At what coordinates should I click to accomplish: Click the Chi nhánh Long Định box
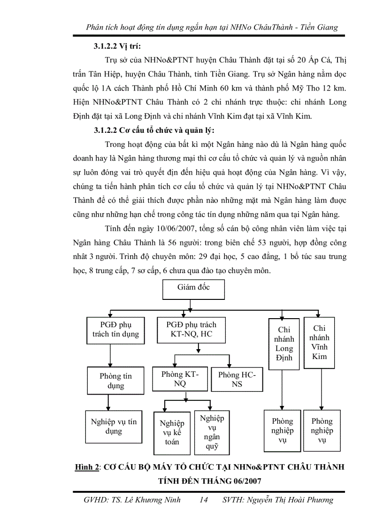[x=284, y=343]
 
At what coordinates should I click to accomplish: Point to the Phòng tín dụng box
[x=115, y=381]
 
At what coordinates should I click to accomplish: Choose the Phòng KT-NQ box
[x=180, y=379]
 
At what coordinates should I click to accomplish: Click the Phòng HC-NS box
[x=237, y=379]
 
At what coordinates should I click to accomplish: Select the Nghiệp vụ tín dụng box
[x=114, y=426]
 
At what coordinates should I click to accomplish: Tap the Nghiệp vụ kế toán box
[x=172, y=432]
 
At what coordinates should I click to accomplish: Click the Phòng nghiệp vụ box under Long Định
[x=282, y=430]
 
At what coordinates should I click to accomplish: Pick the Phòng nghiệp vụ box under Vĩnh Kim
[x=322, y=430]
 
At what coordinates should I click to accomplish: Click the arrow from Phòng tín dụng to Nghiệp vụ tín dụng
[x=108, y=402]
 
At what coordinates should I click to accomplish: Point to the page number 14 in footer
[x=203, y=500]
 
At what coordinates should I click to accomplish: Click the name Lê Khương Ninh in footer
[x=151, y=500]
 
